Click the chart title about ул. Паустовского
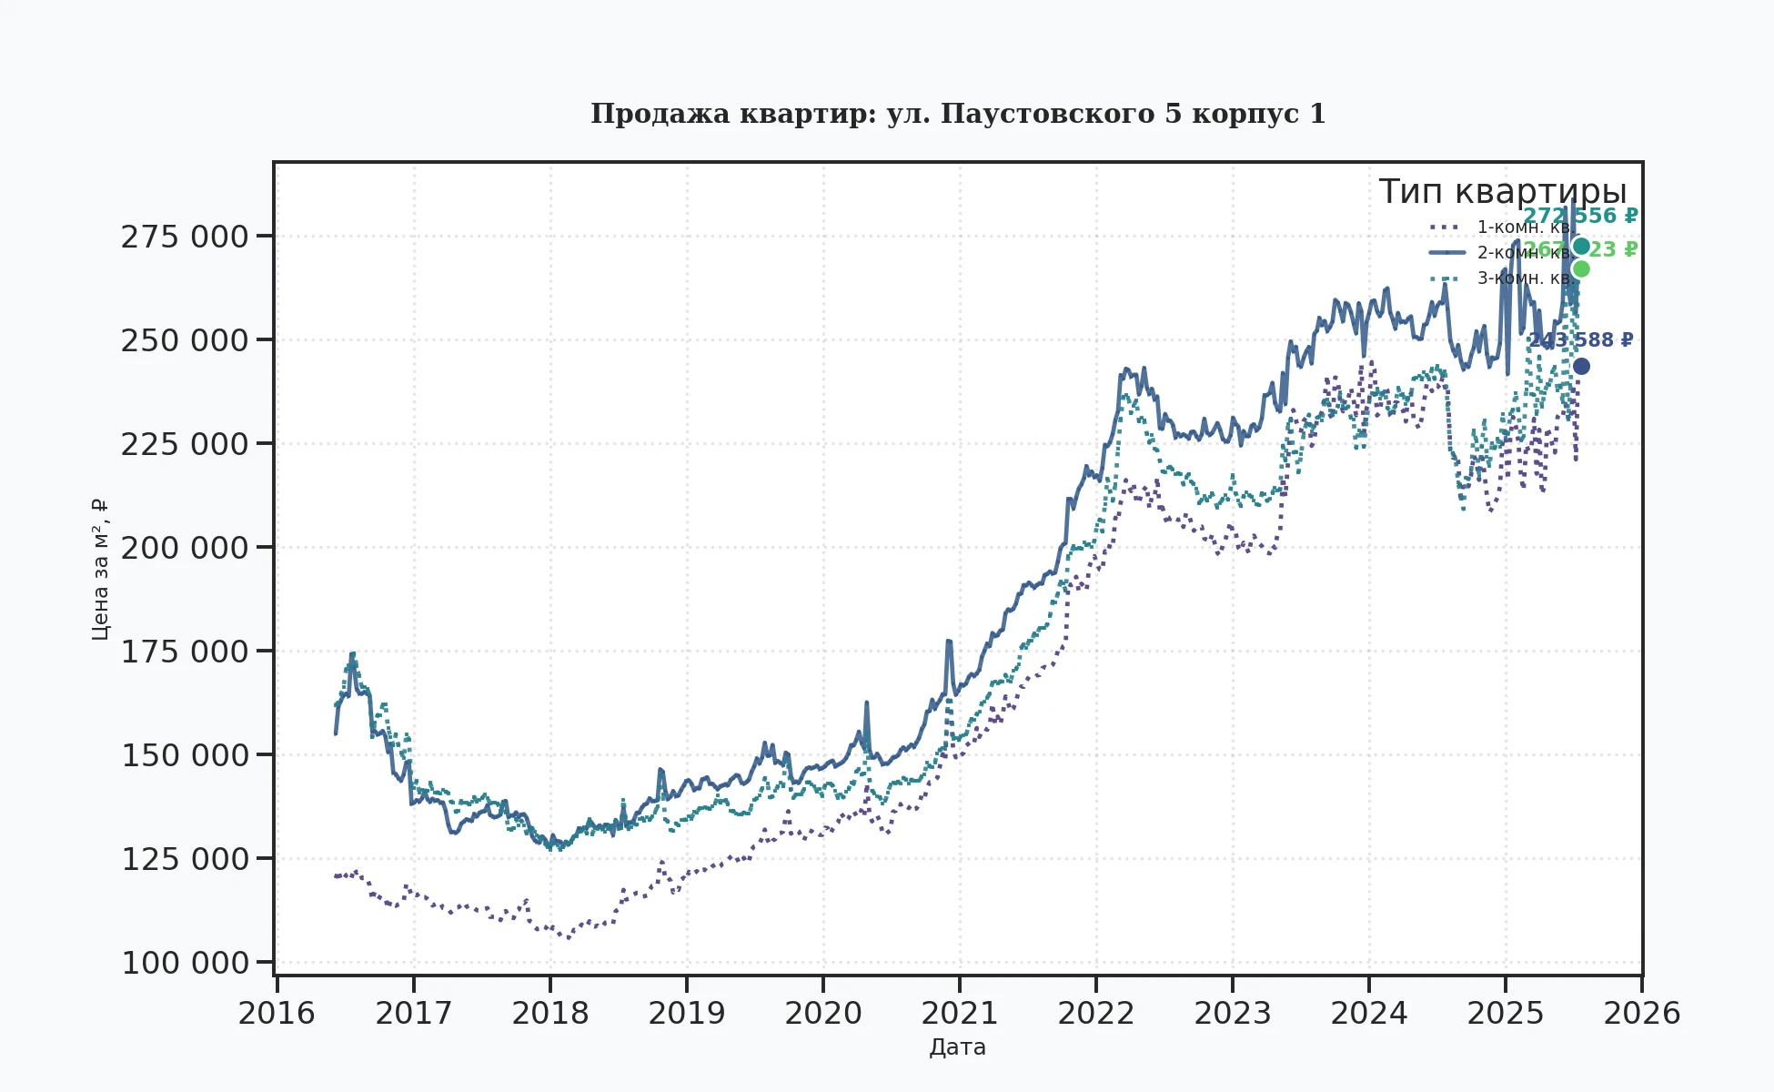pos(958,114)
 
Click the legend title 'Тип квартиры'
pos(1502,192)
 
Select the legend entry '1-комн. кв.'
pos(1524,227)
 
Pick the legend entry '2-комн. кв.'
pos(1524,252)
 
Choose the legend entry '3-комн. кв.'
pos(1524,278)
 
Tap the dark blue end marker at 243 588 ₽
pos(1581,367)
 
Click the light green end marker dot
pos(1581,269)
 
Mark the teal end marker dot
pos(1581,247)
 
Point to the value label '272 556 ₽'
pos(1580,217)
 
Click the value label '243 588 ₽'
pos(1580,340)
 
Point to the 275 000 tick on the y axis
pos(185,237)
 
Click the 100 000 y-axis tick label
pos(185,963)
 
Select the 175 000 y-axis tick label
pos(185,652)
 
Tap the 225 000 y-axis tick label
pos(185,444)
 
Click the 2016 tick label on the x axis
pos(277,1013)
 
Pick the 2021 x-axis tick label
pos(960,1013)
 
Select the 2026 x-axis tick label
pos(1641,1013)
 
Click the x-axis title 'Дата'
pos(957,1047)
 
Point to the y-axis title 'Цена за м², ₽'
pos(100,569)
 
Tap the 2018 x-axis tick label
pos(549,1013)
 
